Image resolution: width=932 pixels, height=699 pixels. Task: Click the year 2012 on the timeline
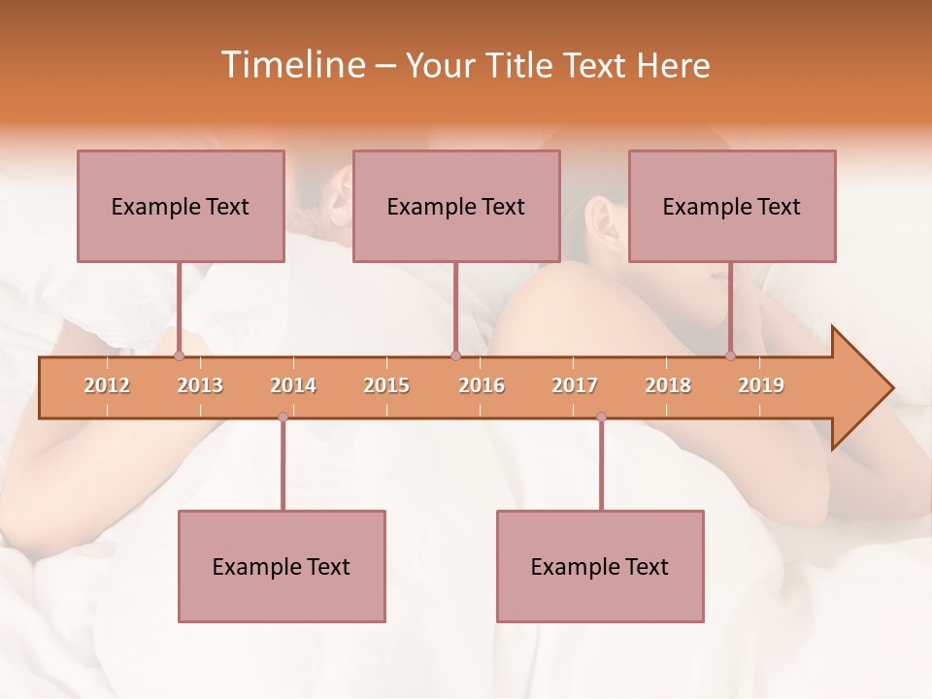107,385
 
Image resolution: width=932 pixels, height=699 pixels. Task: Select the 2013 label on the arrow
200,385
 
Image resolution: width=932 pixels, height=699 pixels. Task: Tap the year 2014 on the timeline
293,385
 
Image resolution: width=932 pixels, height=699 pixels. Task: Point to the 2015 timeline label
386,385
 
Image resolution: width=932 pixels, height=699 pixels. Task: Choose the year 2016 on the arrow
482,385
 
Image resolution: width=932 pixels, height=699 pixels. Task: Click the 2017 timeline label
575,385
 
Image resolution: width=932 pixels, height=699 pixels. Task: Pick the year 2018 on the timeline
668,385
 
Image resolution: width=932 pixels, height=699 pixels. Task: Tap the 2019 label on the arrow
761,385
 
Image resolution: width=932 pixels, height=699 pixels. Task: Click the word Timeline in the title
290,65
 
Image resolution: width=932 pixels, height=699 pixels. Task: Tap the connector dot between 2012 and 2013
179,356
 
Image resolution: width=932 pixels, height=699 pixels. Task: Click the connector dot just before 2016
455,356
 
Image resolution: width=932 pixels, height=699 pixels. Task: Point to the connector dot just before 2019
730,356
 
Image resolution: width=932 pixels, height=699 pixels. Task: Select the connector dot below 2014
283,417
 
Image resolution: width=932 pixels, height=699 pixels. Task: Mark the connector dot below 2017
601,417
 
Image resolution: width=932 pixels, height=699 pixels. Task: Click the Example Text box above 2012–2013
181,206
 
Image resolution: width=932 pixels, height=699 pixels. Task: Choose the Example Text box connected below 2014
282,566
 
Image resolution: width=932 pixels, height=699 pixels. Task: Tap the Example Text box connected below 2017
600,566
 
